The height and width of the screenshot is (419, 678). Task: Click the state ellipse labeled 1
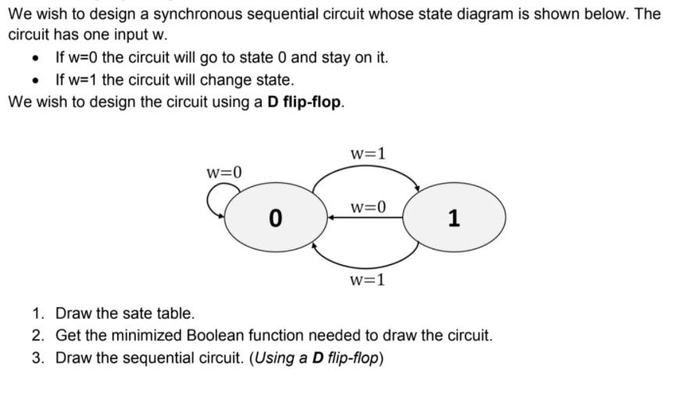(454, 217)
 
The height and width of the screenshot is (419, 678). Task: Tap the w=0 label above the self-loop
(224, 171)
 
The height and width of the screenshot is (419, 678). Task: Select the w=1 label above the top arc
(367, 153)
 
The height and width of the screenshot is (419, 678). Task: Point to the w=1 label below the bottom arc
(367, 279)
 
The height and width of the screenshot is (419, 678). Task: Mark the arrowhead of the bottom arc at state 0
(315, 245)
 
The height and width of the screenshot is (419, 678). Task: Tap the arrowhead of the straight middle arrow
(331, 218)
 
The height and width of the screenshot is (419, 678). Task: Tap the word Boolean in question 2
(217, 336)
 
